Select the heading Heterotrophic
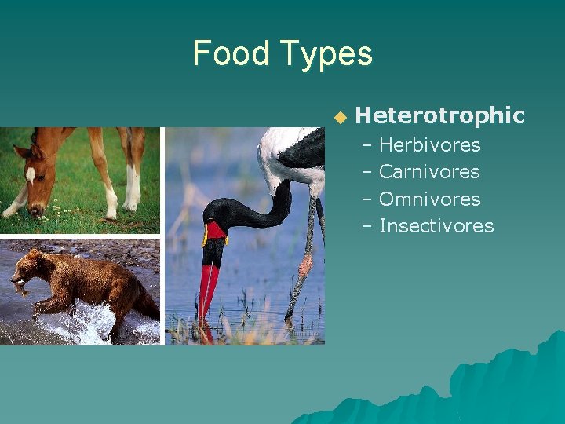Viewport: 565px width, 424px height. (x=439, y=115)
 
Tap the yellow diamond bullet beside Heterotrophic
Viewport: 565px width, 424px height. (x=339, y=117)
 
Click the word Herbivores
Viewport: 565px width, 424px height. (x=429, y=145)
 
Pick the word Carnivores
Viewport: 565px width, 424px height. (x=429, y=172)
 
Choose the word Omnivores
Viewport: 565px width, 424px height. (x=429, y=199)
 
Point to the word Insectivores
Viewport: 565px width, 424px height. (x=436, y=226)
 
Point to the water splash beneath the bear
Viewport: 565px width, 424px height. (x=86, y=323)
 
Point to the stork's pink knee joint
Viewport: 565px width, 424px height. (x=305, y=265)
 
